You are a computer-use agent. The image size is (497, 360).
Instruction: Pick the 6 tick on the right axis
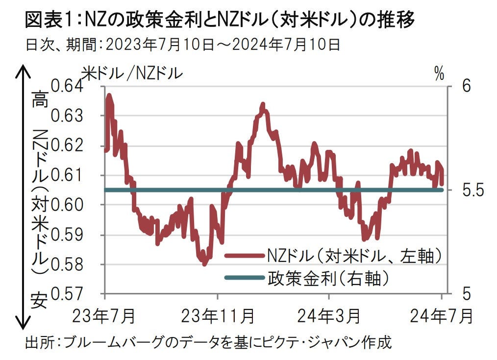(x=466, y=87)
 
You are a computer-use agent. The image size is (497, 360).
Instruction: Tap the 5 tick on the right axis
(x=466, y=294)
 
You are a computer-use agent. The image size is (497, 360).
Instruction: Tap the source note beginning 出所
(x=208, y=341)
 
